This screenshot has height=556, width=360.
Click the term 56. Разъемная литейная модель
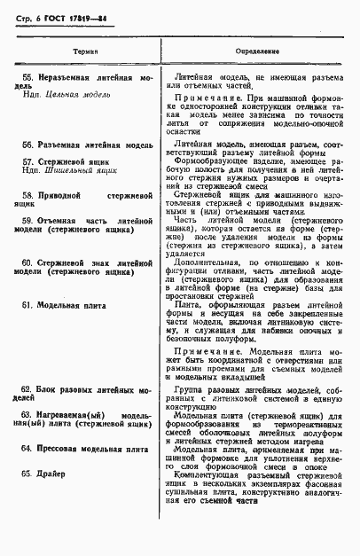click(x=85, y=143)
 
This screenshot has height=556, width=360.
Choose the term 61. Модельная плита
click(x=70, y=304)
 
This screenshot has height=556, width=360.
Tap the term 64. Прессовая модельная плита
click(x=85, y=450)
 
